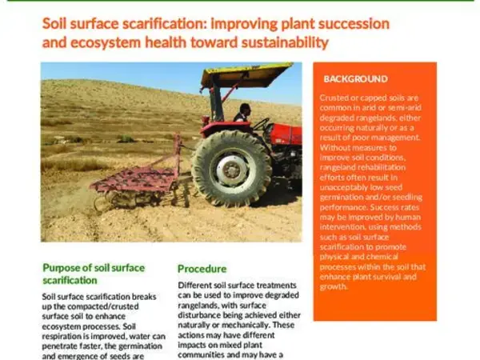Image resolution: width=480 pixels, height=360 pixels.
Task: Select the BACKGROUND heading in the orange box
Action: click(355, 79)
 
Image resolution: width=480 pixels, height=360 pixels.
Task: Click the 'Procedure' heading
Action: click(202, 269)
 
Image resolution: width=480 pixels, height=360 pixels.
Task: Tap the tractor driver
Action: click(243, 113)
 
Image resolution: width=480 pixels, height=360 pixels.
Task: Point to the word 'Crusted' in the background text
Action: click(337, 97)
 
